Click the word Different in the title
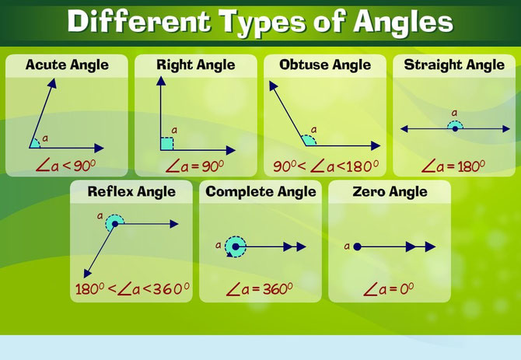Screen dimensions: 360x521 tap(133, 22)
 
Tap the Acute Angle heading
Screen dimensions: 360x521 tap(67, 65)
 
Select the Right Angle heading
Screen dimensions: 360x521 tap(195, 65)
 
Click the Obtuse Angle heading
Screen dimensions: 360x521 tap(326, 65)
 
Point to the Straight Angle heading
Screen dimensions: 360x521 tap(454, 65)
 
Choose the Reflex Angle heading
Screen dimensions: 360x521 tap(131, 191)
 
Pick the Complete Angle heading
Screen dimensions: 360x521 tap(261, 191)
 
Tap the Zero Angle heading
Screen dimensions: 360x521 tap(390, 191)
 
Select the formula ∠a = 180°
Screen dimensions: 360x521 tap(453, 166)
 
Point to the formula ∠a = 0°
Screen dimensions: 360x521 tap(389, 290)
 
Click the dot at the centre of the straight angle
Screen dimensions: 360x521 tap(455, 128)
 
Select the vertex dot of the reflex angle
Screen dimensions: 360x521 tap(115, 224)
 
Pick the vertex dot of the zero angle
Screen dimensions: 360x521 tap(357, 246)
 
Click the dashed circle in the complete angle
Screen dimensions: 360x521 tap(235, 246)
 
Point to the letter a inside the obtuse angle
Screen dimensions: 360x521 tap(313, 130)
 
